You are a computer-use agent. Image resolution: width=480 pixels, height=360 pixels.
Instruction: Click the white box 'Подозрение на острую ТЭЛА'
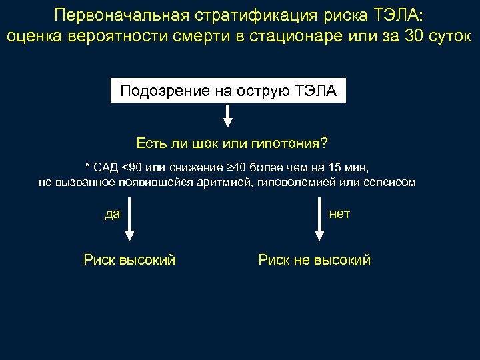click(229, 91)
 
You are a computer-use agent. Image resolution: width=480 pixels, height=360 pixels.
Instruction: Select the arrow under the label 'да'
click(130, 223)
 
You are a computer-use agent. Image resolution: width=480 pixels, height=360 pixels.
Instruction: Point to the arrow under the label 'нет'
click(320, 223)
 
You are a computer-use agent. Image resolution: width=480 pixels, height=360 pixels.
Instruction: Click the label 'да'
click(113, 214)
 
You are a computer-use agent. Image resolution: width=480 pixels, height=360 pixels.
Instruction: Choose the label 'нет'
click(339, 214)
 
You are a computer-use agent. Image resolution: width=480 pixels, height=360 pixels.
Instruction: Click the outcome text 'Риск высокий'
click(130, 260)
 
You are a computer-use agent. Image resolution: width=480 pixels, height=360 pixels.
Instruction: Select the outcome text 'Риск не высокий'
click(314, 260)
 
